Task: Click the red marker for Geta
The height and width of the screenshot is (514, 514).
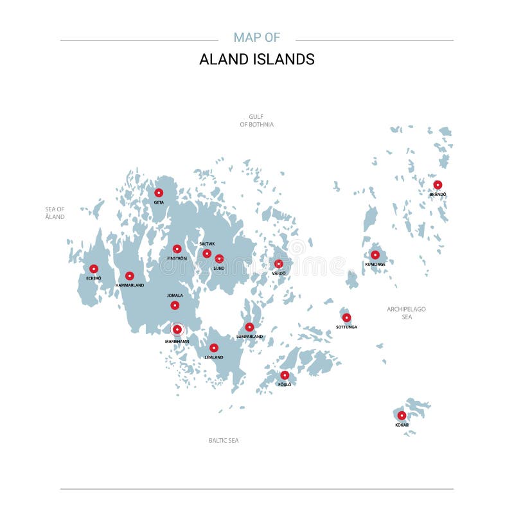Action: point(159,193)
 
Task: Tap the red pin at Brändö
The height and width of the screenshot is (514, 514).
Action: point(438,185)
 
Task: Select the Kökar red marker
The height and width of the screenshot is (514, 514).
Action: point(402,416)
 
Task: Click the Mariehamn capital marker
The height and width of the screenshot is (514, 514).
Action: point(177,330)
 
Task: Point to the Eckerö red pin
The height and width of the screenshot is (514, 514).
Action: point(94,269)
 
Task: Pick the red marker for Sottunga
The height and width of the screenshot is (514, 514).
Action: point(346,317)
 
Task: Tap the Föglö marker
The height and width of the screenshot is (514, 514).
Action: point(285,375)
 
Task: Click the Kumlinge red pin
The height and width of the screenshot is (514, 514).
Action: point(375,255)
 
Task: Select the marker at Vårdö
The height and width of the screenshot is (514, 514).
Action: point(279,264)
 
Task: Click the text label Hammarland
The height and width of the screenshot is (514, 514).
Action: point(130,285)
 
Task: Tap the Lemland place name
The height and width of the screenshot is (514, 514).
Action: point(213,357)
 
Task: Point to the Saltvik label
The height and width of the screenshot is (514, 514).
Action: point(207,244)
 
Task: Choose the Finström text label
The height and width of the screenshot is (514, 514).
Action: point(177,258)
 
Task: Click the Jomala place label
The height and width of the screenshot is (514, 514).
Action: point(175,296)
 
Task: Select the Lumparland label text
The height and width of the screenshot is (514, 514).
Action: point(249,336)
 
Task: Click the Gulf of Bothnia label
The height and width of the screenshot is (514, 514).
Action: point(256,120)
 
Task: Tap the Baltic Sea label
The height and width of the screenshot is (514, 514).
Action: point(224,440)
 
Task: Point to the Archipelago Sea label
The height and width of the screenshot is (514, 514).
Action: point(406,313)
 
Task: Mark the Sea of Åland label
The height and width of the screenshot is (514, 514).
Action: point(55,213)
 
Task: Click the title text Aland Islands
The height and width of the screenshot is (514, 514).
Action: point(256,59)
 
